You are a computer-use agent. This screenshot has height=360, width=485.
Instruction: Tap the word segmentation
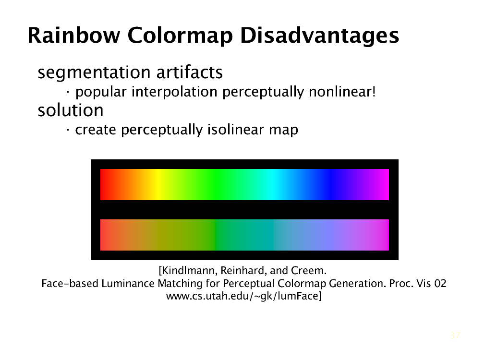(x=94, y=73)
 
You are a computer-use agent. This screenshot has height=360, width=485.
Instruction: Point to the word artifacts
(x=189, y=72)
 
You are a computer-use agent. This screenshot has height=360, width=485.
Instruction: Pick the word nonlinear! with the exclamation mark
(x=342, y=92)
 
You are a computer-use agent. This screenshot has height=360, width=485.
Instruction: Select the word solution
(x=71, y=110)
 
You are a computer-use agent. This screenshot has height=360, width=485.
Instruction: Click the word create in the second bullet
(x=96, y=130)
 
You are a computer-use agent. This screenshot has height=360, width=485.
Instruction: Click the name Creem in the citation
(x=307, y=271)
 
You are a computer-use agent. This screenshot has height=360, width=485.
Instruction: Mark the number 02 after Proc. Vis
(x=440, y=284)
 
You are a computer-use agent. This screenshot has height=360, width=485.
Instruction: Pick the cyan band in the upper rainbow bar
(x=273, y=184)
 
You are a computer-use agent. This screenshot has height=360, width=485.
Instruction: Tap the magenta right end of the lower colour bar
(x=382, y=235)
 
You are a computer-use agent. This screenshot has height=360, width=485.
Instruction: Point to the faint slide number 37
(x=455, y=335)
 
